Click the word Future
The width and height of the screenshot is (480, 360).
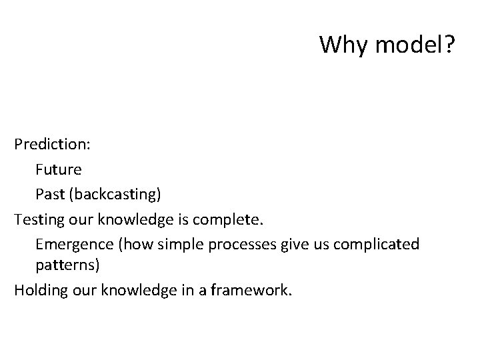[x=59, y=169]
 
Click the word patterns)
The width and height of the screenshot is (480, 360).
[x=67, y=265]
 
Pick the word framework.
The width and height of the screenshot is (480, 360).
[x=251, y=290]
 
